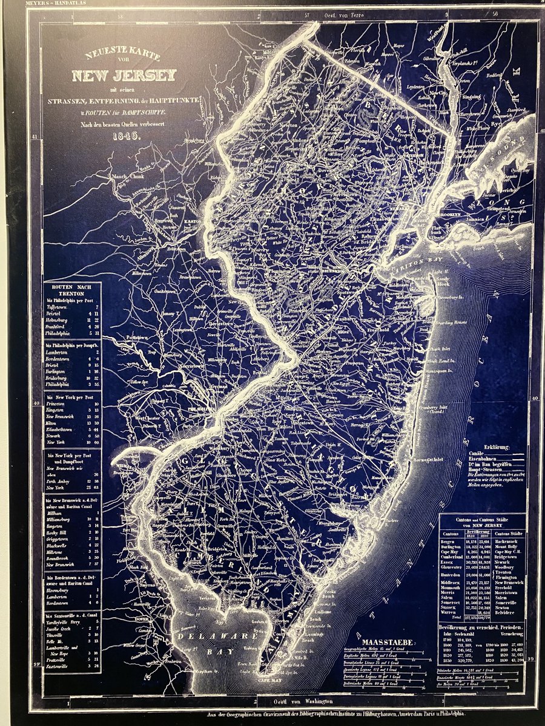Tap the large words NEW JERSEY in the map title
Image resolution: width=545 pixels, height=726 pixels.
coord(124,76)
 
